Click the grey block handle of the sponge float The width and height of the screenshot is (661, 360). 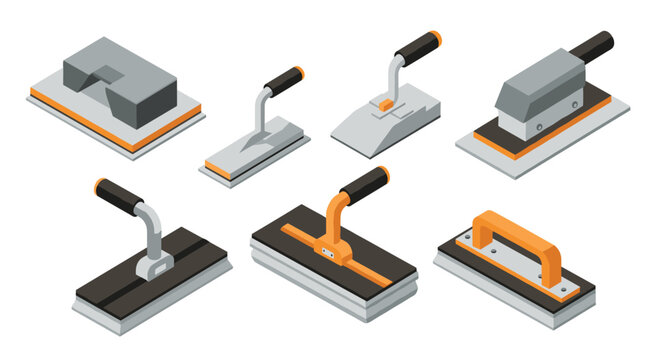[x=150, y=70]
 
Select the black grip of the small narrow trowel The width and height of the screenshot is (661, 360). [x=284, y=77]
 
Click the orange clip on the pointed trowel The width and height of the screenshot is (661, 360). [x=383, y=103]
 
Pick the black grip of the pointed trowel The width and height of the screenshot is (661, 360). [x=418, y=48]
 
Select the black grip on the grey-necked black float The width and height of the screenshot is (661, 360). [x=121, y=196]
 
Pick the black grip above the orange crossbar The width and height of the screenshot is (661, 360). [x=364, y=184]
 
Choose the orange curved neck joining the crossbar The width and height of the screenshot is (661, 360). [x=335, y=215]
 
